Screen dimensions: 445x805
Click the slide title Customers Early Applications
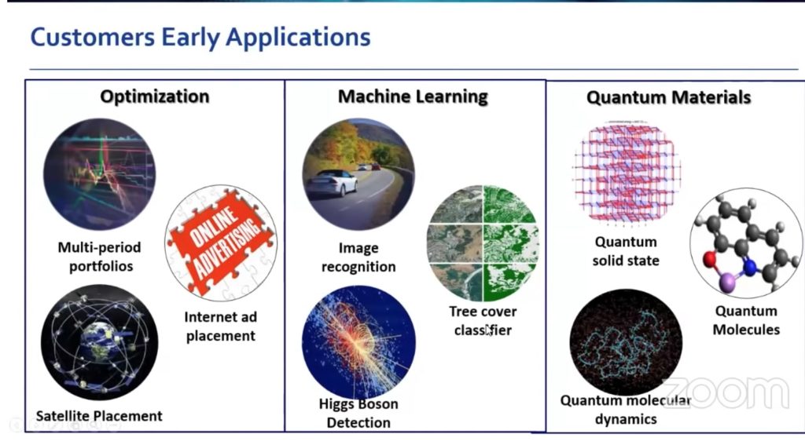200,36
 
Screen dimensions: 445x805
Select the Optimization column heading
154,97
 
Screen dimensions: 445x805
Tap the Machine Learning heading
413,97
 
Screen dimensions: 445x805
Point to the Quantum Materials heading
668,98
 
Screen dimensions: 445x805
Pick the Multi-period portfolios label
99,257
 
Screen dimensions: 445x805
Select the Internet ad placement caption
220,326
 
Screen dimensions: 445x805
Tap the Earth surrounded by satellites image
99,343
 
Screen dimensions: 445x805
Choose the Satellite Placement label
99,416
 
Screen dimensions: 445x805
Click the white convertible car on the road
331,183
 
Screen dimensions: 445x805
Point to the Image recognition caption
358,257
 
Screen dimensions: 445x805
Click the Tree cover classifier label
483,321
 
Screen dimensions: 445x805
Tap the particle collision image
358,343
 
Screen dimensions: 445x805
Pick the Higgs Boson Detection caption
358,414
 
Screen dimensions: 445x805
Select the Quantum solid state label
626,251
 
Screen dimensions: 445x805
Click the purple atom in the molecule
726,282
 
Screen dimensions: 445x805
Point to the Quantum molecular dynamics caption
626,410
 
